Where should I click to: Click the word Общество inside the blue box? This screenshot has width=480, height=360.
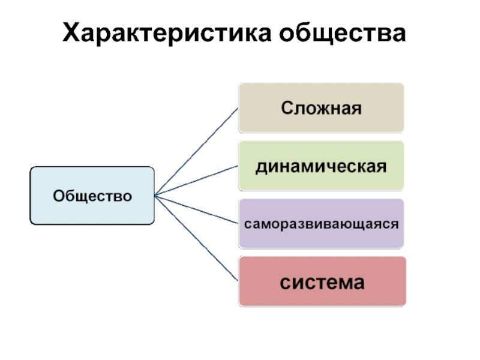point(92,196)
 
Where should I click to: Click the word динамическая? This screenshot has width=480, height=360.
point(321,165)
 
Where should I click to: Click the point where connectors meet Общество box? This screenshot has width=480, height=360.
point(155,196)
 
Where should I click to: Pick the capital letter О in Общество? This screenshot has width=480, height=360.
point(59,196)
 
